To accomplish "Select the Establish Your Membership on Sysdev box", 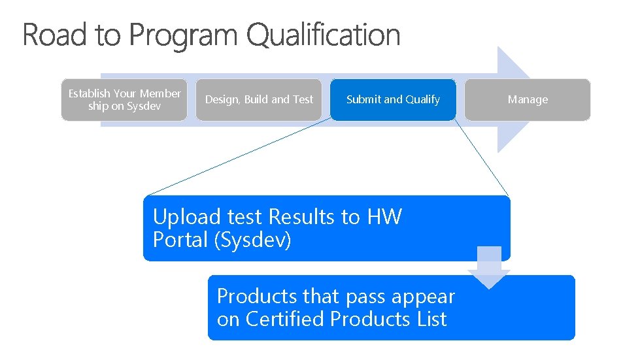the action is coord(124,100).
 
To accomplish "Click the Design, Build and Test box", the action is coord(259,100).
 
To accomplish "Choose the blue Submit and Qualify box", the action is coord(393,100).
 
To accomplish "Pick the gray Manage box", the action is coord(528,100).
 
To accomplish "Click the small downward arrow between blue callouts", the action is coord(488,267).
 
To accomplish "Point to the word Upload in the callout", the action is coord(187,217).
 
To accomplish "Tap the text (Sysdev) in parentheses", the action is coord(252,240).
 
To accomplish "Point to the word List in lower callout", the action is coord(432,319).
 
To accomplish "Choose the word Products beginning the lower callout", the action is coord(258,296).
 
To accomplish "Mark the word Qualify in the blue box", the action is coord(422,100).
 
